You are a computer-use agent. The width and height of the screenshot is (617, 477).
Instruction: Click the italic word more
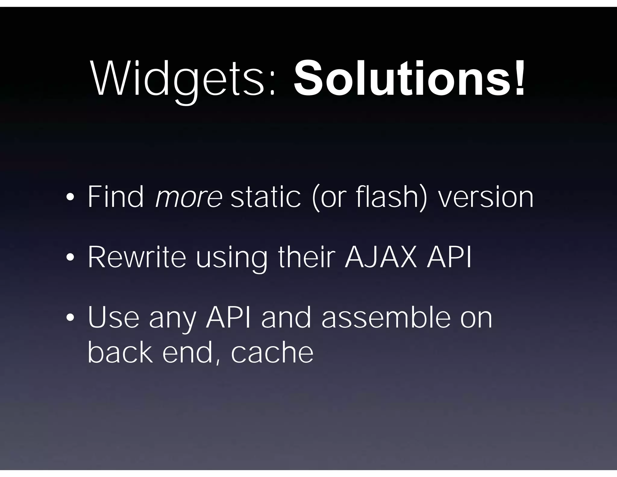pos(189,197)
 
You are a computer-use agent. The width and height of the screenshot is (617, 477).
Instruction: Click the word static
pos(265,197)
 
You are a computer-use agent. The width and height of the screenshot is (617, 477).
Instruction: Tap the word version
pos(485,198)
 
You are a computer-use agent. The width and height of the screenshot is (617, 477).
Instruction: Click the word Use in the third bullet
pos(113,317)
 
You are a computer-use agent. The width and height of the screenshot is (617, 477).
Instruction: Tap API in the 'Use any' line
pos(228,317)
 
